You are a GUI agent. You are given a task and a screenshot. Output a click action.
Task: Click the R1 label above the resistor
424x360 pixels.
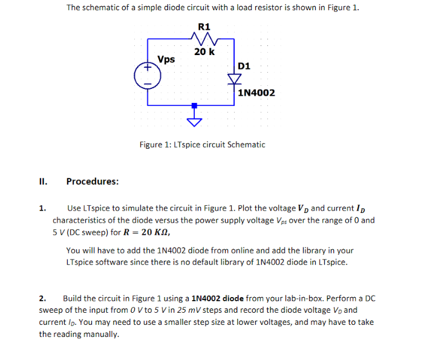tap(204, 26)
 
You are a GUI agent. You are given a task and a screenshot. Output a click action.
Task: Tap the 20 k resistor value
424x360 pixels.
tap(204, 52)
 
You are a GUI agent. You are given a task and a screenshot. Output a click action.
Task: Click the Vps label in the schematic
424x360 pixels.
tap(166, 59)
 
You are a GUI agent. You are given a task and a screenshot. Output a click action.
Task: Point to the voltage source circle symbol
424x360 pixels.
tap(147, 74)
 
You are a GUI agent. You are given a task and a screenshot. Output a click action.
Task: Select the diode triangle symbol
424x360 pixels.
tap(234, 79)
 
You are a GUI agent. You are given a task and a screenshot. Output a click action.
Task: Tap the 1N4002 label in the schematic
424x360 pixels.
tap(256, 93)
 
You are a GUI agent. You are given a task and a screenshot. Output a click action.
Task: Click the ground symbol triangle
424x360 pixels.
tap(195, 121)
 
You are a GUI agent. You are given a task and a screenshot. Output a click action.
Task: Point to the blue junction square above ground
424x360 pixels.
tap(195, 105)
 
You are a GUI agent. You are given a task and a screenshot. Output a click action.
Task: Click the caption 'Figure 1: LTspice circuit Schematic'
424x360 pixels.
tap(202, 145)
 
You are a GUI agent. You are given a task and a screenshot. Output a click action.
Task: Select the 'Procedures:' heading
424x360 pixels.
tap(92, 181)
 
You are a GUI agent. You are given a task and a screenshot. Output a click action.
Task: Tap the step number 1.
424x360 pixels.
tap(42, 209)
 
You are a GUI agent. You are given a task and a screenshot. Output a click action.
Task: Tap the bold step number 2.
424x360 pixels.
tap(42, 298)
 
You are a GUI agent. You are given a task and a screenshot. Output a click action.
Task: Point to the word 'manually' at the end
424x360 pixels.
tap(100, 334)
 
